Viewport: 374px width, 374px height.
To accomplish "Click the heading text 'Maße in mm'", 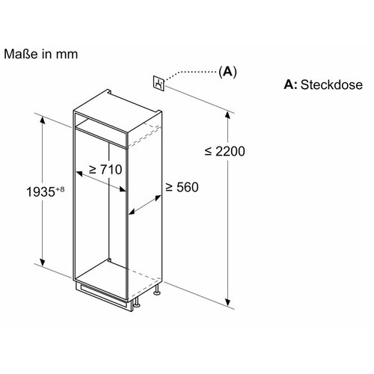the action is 41,54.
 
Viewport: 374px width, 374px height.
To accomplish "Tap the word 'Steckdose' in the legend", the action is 331,85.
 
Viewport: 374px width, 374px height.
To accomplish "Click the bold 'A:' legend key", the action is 290,85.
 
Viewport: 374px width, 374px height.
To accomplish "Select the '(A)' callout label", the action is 227,72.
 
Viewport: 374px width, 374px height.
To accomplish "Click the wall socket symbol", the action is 159,82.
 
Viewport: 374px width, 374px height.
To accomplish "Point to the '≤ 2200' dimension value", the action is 224,151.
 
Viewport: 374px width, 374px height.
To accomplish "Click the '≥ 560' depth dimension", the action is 183,187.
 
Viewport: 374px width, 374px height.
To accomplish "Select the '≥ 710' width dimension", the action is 105,170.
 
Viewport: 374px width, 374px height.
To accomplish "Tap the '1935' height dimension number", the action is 40,192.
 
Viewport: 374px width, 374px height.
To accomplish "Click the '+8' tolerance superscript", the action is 60,189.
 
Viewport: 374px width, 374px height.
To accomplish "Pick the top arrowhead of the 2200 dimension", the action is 227,117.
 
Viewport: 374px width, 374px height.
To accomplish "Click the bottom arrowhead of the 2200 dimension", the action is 227,301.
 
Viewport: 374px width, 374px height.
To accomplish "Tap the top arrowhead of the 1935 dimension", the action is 43,121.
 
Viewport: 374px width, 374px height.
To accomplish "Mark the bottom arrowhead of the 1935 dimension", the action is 43,262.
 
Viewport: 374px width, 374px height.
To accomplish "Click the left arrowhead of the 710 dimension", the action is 80,174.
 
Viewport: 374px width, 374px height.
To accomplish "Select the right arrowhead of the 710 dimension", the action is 122,189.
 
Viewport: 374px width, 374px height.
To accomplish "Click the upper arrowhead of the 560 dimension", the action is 158,198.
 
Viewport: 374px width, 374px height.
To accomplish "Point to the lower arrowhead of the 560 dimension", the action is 132,212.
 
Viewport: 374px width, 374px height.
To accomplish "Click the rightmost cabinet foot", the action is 157,290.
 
